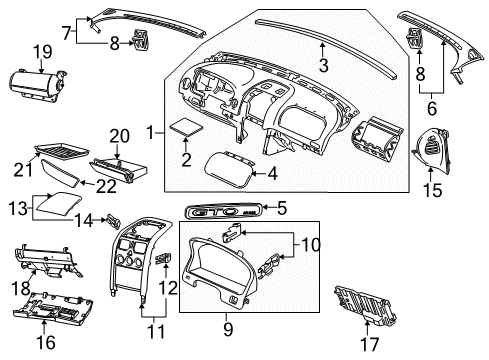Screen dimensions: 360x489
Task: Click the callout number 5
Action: coord(283,208)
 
